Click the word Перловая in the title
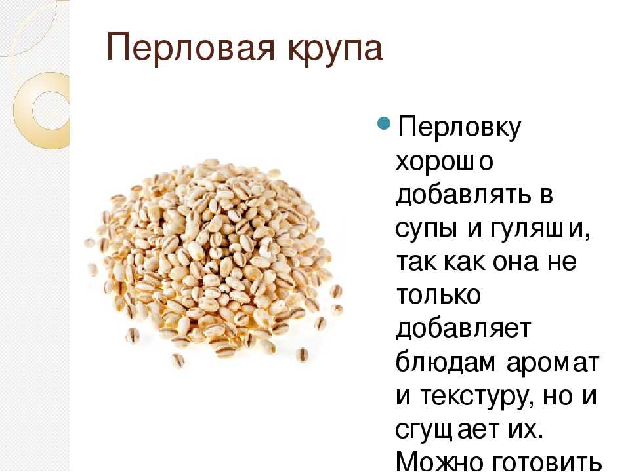tap(191, 48)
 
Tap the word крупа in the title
tap(335, 51)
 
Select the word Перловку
tap(459, 128)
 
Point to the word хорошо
tap(444, 162)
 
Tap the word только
tap(438, 295)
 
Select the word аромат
tap(553, 364)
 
